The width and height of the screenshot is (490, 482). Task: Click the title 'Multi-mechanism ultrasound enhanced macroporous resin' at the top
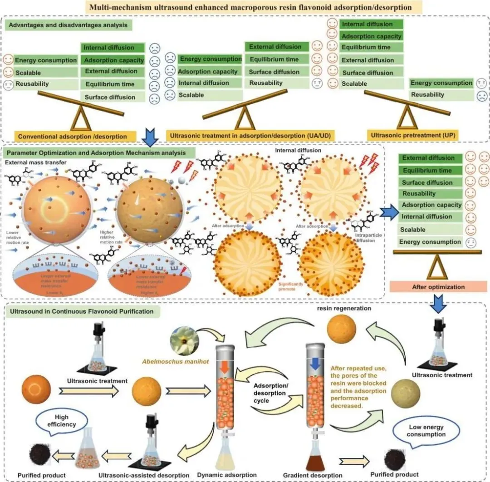tap(245, 7)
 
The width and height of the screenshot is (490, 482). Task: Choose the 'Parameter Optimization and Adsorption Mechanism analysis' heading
tap(100, 153)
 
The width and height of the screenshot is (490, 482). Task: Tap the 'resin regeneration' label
tap(344, 308)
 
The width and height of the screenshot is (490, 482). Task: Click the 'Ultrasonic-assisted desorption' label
tap(144, 475)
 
